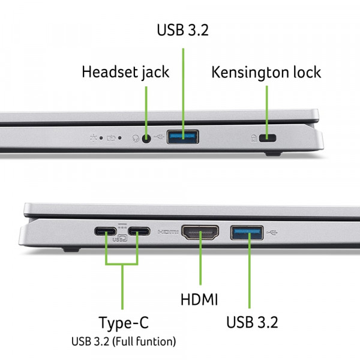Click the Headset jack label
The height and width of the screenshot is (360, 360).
pyautogui.click(x=125, y=73)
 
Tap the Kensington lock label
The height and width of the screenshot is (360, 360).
pyautogui.click(x=266, y=73)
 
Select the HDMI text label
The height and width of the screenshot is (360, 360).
pyautogui.click(x=199, y=299)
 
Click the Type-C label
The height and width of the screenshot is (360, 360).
pyautogui.click(x=124, y=324)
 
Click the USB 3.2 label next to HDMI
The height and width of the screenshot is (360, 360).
pyautogui.click(x=252, y=323)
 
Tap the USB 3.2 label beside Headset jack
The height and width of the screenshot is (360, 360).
pyautogui.click(x=182, y=30)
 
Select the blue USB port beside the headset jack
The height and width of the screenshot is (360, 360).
pyautogui.click(x=182, y=137)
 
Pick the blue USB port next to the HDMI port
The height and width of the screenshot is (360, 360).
pyautogui.click(x=247, y=231)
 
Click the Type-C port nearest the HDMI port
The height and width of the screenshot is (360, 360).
pyautogui.click(x=138, y=231)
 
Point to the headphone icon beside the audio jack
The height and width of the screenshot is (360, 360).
pyautogui.click(x=136, y=138)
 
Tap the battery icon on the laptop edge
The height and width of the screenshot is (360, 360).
pyautogui.click(x=112, y=137)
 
